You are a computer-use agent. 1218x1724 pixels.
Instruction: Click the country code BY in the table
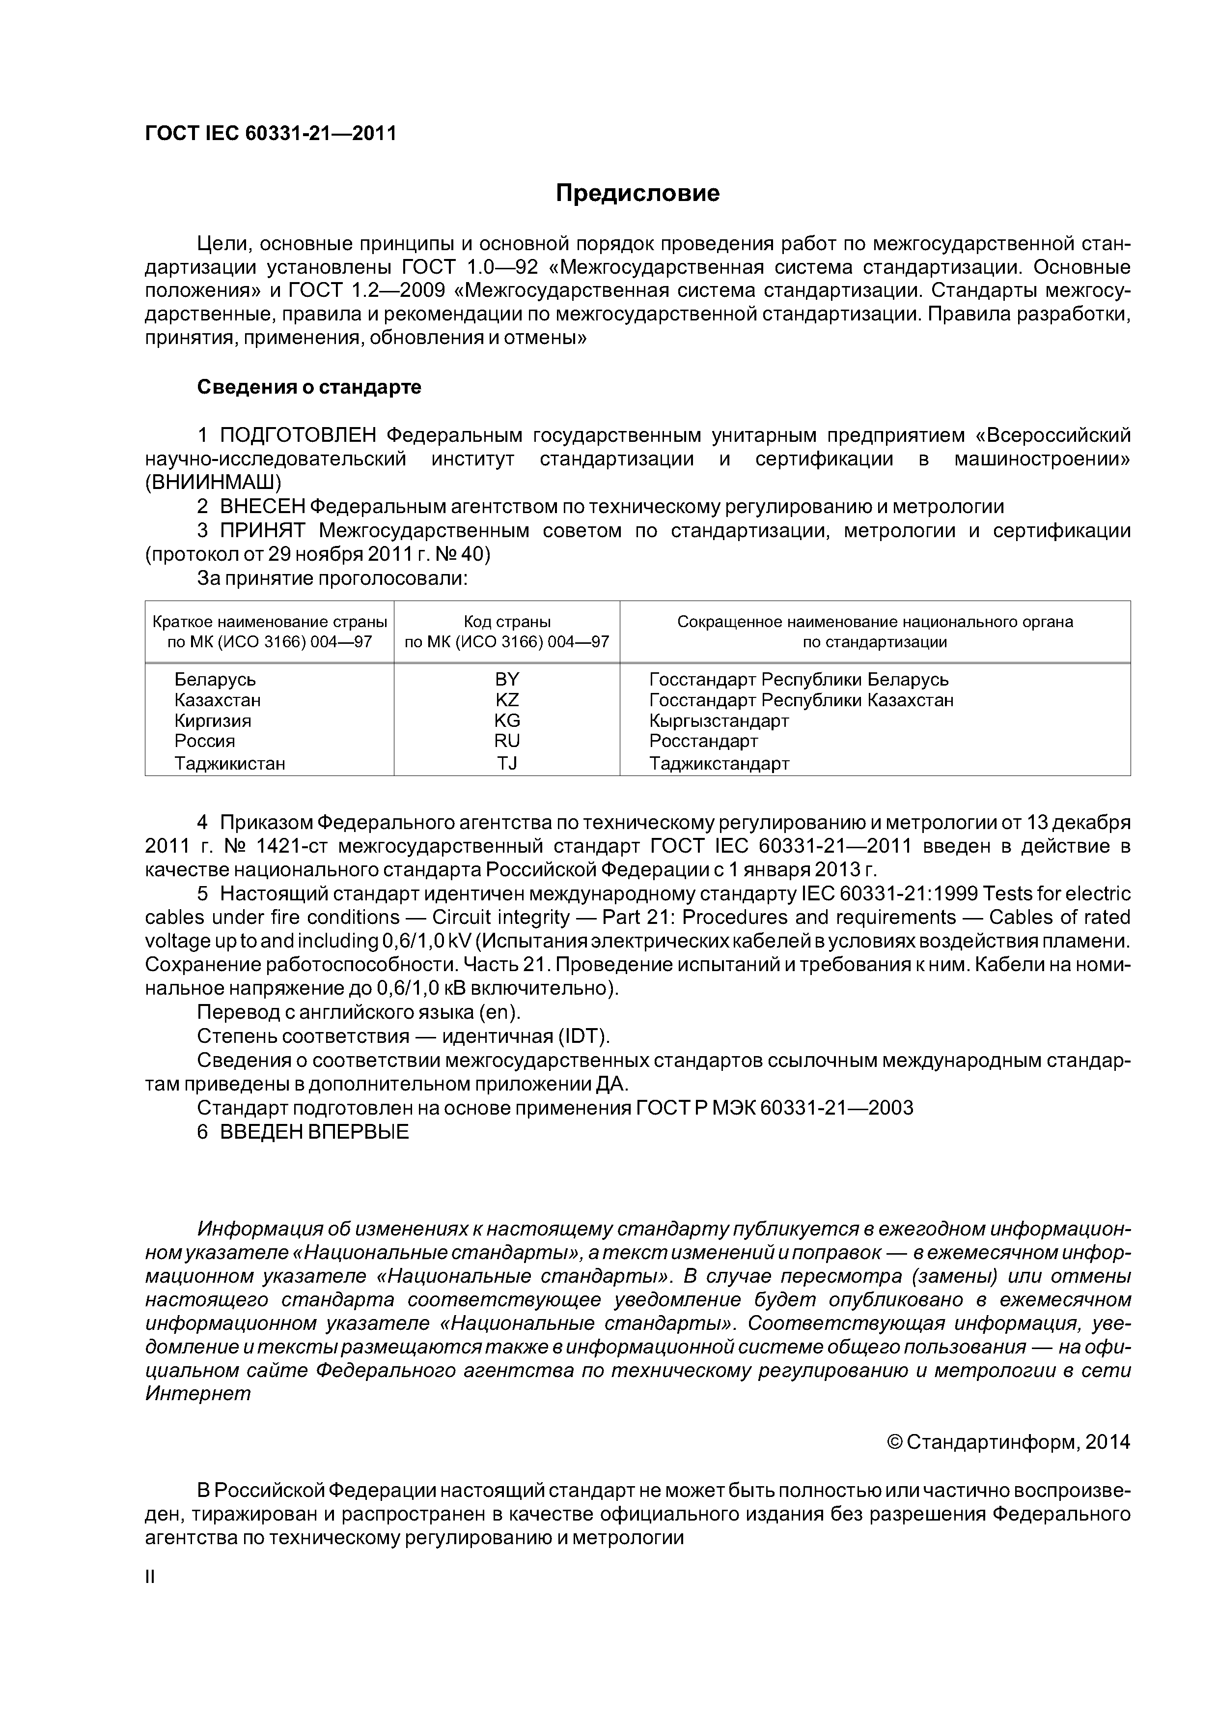(507, 680)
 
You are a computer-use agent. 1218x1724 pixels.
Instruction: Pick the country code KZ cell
(507, 701)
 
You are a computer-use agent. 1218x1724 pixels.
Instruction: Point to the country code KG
(507, 721)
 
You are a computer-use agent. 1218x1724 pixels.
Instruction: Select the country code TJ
(507, 764)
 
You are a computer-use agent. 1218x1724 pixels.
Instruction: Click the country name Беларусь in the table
(216, 680)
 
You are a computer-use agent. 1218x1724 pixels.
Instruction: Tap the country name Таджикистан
(230, 764)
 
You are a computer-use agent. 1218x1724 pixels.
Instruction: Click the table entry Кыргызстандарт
(719, 721)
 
